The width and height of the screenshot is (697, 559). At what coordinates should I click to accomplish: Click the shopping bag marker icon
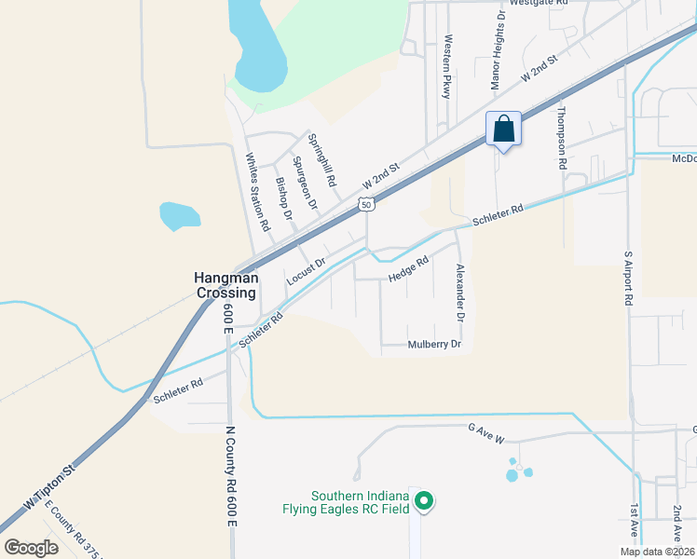[x=503, y=130]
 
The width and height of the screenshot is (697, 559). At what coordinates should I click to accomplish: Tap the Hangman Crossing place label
[x=224, y=284]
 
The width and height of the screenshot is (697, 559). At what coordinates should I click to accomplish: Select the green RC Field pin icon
[x=424, y=501]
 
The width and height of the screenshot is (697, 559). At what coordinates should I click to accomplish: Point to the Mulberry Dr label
[x=434, y=345]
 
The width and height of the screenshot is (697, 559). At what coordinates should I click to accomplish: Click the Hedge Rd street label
[x=408, y=269]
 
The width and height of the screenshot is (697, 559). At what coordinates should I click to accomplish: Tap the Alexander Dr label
[x=460, y=293]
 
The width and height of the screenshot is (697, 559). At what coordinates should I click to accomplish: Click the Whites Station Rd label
[x=257, y=192]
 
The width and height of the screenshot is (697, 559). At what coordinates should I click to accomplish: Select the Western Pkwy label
[x=447, y=68]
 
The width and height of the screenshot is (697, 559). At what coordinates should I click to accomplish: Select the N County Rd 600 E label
[x=228, y=475]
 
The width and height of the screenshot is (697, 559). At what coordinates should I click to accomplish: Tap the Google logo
[x=31, y=547]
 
